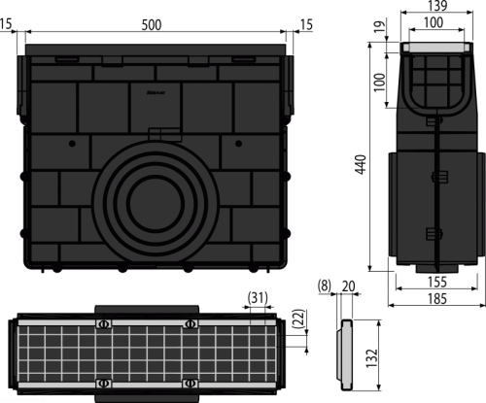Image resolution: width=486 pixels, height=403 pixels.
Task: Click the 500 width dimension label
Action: click(x=152, y=25)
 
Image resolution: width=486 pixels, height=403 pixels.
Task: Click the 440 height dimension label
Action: click(x=361, y=164)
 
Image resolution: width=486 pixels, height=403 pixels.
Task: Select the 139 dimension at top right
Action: click(x=437, y=6)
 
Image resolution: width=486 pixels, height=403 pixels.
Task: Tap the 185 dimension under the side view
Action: click(x=437, y=298)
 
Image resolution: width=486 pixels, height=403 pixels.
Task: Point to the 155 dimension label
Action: click(x=437, y=282)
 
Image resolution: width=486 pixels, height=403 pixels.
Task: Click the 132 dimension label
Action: click(x=372, y=357)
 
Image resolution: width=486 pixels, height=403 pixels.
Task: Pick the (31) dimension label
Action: click(x=258, y=297)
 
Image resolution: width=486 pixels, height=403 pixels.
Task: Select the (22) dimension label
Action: click(x=299, y=319)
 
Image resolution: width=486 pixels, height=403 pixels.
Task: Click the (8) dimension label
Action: click(x=325, y=285)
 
